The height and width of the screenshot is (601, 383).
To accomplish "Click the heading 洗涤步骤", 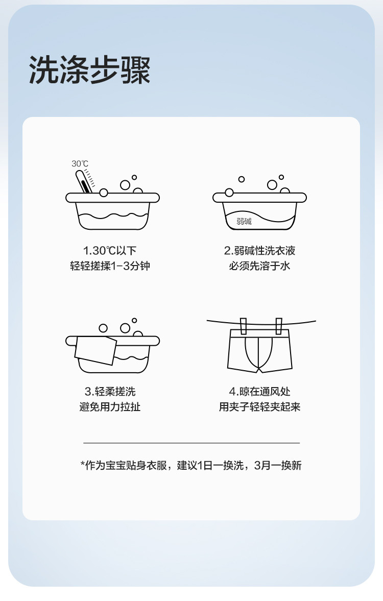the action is (90, 70).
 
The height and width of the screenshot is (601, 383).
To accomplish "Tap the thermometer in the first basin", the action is (84, 182).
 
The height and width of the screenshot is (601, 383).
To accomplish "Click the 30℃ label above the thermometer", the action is (80, 164).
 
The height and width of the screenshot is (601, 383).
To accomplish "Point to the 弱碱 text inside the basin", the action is (244, 221).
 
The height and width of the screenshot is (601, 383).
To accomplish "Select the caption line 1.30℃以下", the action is (110, 251).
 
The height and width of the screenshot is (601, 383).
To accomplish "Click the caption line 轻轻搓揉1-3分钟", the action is (110, 266).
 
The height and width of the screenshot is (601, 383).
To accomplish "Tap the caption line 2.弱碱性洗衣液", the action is (259, 251).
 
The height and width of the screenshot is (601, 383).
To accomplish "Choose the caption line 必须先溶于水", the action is (259, 266).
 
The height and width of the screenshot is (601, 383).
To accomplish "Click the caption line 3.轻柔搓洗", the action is (110, 391).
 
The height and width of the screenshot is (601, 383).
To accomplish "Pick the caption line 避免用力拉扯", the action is (110, 406).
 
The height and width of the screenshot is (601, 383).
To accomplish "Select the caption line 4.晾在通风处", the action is (259, 391).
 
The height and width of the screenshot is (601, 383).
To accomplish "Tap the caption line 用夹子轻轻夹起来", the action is (259, 406).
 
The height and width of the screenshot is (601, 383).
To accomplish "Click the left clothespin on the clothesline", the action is (243, 326).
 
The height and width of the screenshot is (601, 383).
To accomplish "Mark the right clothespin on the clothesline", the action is (279, 326).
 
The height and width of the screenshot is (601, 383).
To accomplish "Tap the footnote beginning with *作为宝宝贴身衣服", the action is (191, 465).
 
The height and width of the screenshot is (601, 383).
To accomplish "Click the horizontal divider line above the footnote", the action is (192, 443).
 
